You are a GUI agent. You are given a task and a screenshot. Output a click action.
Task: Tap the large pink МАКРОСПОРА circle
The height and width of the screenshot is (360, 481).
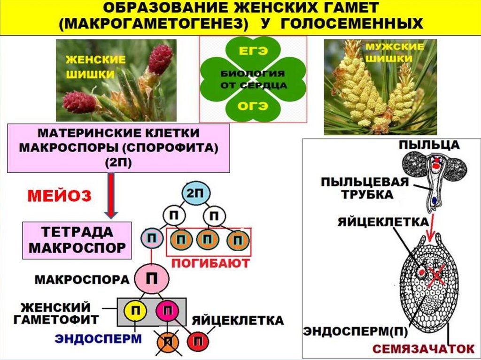pos(152,279)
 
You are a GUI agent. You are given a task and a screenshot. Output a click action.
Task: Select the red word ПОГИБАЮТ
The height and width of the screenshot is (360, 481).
pos(210,263)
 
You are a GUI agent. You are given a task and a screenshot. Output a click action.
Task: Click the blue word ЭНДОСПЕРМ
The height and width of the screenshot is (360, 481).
pos(99,338)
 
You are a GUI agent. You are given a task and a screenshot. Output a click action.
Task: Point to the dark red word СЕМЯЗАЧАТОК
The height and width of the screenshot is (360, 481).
pos(423,348)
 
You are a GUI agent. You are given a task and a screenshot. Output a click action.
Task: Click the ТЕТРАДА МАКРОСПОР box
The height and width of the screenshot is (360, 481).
pos(78,239)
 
